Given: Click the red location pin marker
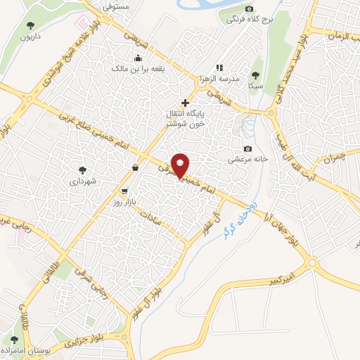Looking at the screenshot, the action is click(181, 164).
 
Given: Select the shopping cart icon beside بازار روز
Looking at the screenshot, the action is click(124, 191).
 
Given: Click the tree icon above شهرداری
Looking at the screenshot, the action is click(82, 169).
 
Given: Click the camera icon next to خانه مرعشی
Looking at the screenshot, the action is click(247, 148).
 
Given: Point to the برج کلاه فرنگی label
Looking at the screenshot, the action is click(245, 21).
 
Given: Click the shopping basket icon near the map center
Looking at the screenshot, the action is click(135, 168).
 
